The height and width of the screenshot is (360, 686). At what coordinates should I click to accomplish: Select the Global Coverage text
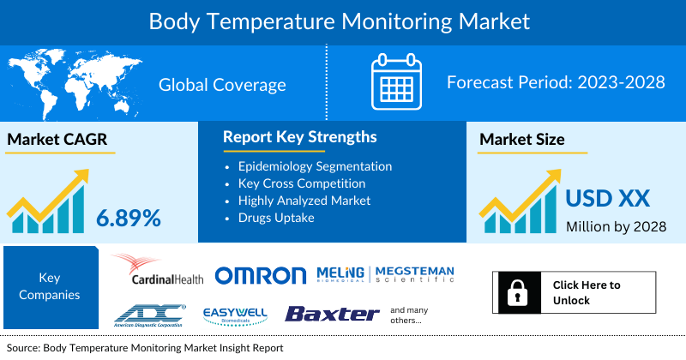click(x=222, y=85)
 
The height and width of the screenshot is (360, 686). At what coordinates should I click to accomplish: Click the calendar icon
click(x=396, y=82)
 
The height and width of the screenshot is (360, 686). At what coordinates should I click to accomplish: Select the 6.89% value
click(x=129, y=218)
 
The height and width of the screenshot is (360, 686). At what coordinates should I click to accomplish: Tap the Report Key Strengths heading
click(x=299, y=137)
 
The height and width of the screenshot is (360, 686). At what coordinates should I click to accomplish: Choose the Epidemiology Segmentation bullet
click(x=315, y=166)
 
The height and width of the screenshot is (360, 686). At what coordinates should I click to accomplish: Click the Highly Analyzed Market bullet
click(x=304, y=201)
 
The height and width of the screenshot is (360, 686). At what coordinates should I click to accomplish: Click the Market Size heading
click(x=522, y=140)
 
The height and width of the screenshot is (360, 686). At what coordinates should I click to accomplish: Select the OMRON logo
click(x=260, y=275)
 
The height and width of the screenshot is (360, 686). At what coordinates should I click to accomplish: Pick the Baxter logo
click(x=332, y=314)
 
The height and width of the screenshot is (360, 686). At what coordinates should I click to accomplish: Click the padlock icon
click(x=519, y=292)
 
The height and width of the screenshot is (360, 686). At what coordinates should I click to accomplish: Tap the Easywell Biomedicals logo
click(x=236, y=315)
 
